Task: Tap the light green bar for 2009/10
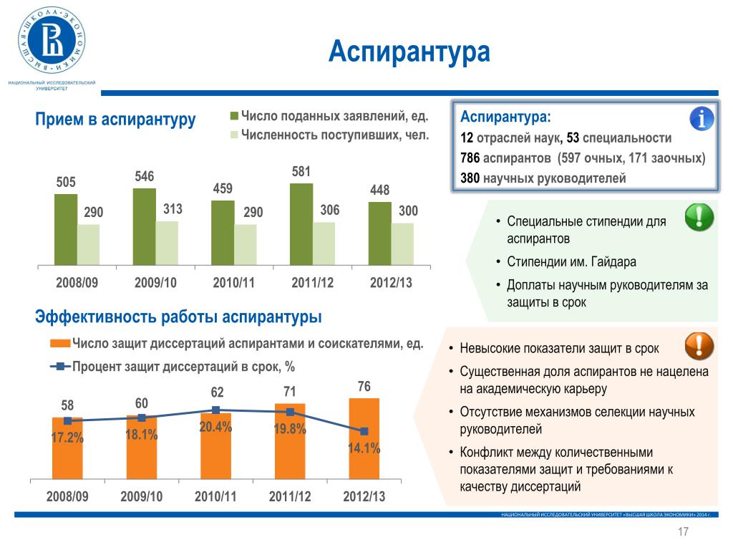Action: (x=167, y=242)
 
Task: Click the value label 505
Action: (x=66, y=182)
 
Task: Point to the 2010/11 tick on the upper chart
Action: (x=234, y=282)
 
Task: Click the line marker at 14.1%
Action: (x=364, y=431)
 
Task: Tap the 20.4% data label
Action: (x=215, y=427)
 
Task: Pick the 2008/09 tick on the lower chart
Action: (x=67, y=496)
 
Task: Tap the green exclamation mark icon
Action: (x=699, y=217)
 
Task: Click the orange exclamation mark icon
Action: (x=699, y=346)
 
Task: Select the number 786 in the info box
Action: (x=470, y=158)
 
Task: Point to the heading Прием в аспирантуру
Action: (x=115, y=120)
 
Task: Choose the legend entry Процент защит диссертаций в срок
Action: (x=183, y=367)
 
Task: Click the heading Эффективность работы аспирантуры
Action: (x=178, y=317)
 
